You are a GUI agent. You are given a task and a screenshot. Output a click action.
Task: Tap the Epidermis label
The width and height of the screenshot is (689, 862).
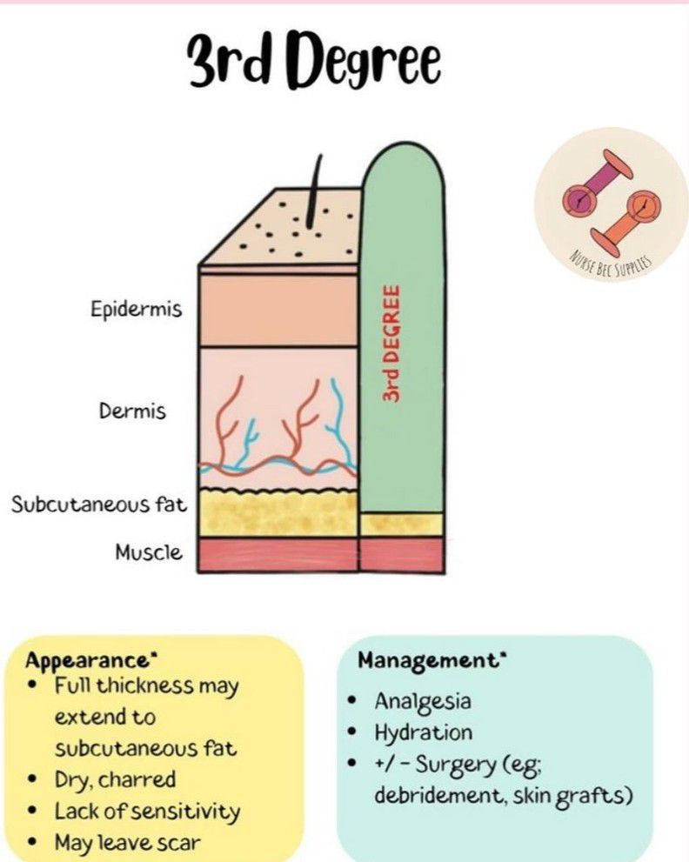[x=137, y=309]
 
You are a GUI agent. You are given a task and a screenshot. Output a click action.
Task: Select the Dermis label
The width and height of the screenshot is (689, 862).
[x=132, y=411]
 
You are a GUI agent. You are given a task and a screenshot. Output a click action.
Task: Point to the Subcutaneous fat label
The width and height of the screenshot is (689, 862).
[x=97, y=505]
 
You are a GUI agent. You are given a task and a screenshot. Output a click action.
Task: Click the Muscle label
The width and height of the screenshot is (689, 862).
[x=149, y=552]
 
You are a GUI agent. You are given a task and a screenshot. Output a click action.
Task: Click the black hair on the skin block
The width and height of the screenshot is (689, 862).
[x=315, y=192]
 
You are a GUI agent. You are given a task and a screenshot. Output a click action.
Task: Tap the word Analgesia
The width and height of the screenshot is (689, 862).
[x=425, y=701]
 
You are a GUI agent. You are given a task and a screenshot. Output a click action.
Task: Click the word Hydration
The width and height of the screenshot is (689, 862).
[x=424, y=732]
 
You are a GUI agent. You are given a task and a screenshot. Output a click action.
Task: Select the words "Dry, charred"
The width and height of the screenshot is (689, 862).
[x=115, y=779]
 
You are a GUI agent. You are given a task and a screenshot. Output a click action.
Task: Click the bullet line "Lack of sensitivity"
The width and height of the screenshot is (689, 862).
[x=146, y=812]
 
